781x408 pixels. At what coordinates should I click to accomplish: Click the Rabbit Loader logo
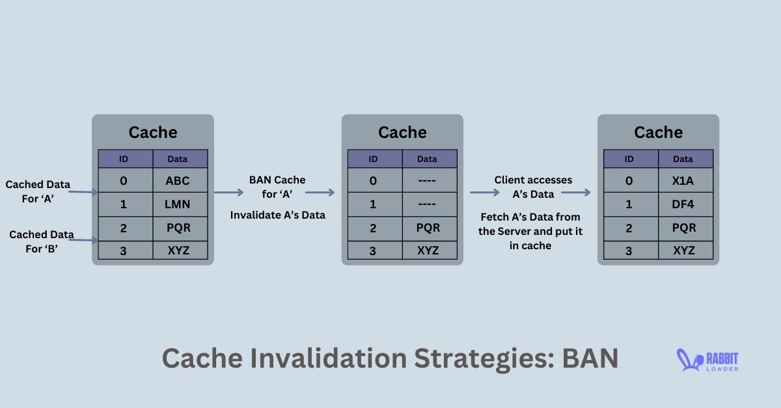[707, 360]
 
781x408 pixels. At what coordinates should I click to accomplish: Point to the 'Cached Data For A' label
[38, 191]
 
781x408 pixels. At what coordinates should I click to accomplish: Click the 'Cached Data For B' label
[42, 241]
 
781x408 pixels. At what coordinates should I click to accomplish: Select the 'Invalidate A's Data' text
[277, 215]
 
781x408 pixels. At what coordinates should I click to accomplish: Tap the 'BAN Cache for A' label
[277, 187]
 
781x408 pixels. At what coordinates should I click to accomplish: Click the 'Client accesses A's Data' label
[533, 187]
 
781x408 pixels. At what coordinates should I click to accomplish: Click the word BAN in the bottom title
[590, 358]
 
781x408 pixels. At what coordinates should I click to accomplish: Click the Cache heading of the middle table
[402, 133]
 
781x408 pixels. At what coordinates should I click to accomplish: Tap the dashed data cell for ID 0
[430, 180]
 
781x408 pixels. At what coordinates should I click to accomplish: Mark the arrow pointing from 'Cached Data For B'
[83, 240]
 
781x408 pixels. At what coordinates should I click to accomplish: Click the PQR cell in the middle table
[430, 228]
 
